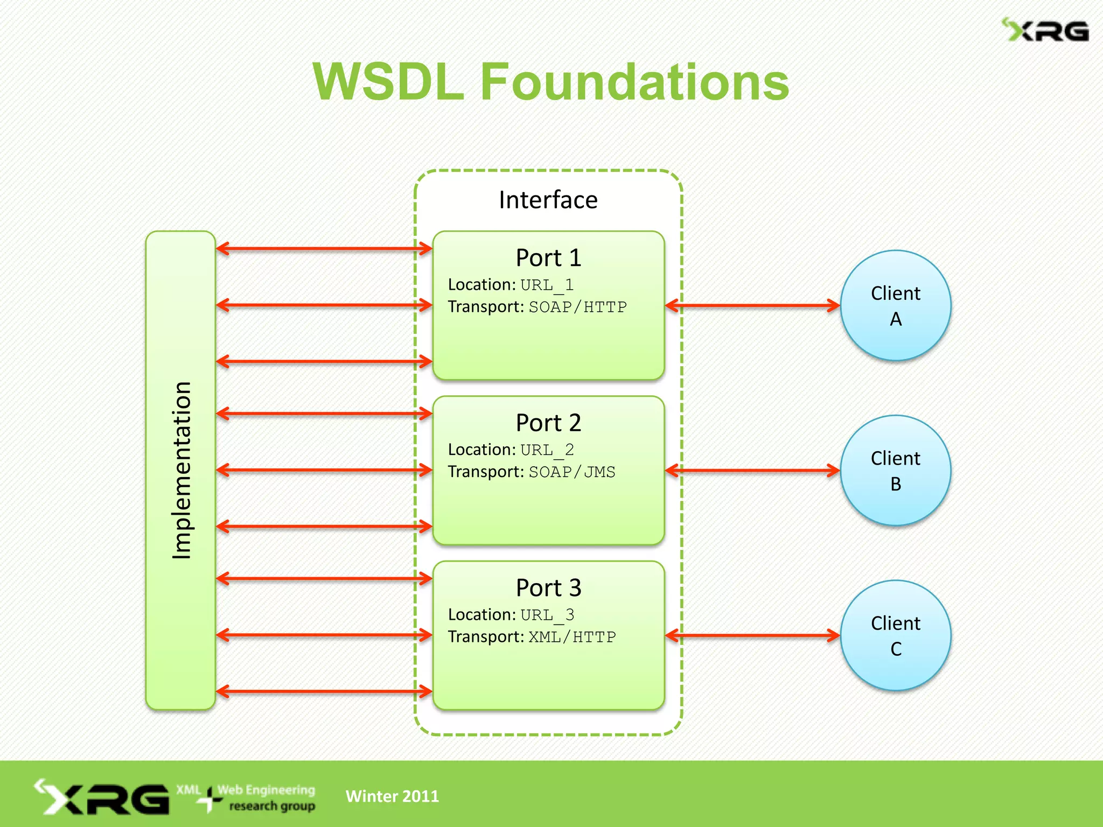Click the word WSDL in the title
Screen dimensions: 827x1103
388,82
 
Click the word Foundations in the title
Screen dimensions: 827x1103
634,82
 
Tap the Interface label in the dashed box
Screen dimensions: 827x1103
548,200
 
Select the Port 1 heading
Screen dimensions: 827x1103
548,258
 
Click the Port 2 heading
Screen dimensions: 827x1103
548,423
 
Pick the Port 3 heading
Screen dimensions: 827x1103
548,587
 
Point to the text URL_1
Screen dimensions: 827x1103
547,285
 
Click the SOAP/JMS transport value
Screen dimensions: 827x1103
571,472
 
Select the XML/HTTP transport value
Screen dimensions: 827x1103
572,637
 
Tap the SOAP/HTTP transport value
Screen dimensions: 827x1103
577,307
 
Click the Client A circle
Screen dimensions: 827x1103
895,305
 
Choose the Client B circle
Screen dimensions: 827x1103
895,471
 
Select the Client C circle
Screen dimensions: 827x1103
895,635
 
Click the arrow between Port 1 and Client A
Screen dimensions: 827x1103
752,306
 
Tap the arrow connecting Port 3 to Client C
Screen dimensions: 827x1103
752,635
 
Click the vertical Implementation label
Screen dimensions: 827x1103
181,470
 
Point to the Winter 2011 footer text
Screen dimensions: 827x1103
392,796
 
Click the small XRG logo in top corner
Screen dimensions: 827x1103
1045,30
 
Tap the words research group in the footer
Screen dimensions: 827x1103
272,806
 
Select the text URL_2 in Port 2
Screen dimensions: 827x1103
547,450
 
